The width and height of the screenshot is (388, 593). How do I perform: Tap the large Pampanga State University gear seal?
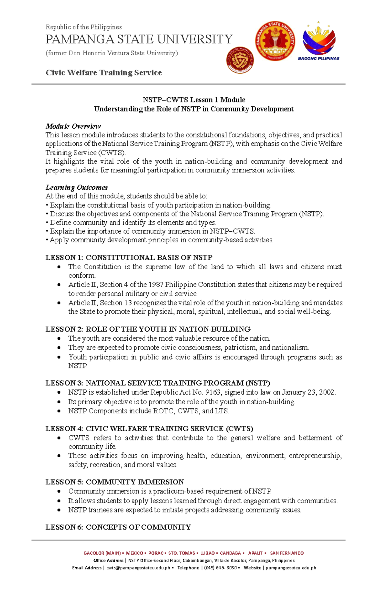(275, 41)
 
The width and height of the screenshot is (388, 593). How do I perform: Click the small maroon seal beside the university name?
(240, 60)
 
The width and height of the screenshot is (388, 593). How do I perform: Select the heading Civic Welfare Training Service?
(103, 73)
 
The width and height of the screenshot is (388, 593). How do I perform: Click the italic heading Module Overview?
(73, 126)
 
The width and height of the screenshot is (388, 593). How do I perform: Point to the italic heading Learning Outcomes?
(77, 187)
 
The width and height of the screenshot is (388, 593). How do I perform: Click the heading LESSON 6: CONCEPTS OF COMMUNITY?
(118, 527)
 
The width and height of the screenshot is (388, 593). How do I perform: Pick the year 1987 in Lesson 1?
(156, 285)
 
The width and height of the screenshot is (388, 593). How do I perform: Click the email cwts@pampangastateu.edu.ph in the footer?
(138, 568)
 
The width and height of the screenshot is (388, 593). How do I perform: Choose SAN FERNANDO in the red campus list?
(287, 553)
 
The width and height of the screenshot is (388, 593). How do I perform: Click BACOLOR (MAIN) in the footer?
(102, 553)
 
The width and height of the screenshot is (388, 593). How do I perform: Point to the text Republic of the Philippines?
(83, 27)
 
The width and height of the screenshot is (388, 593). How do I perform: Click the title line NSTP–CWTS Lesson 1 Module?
(194, 100)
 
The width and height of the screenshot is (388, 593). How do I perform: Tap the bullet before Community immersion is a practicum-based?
(59, 492)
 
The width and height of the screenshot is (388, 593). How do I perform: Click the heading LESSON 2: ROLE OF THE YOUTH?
(148, 329)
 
